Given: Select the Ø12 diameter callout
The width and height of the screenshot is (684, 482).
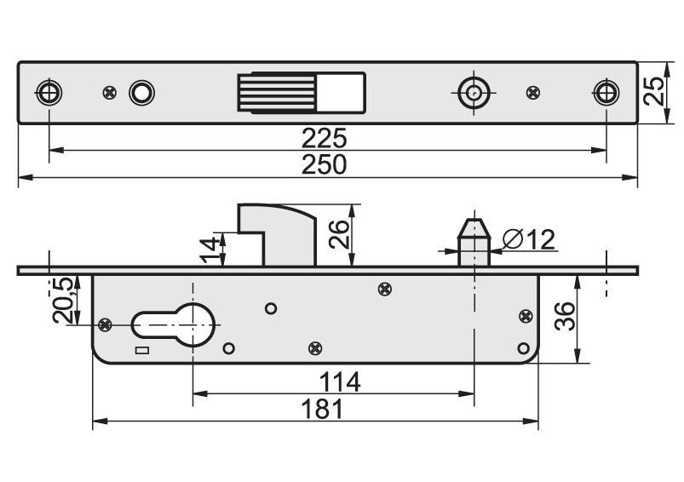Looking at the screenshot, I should [x=529, y=240].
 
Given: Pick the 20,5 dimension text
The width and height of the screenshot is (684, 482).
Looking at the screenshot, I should [x=65, y=301].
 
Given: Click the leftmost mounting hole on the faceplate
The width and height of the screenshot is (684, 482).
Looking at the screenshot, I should [x=49, y=91].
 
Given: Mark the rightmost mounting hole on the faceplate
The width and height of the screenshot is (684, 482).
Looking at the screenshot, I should [x=606, y=91].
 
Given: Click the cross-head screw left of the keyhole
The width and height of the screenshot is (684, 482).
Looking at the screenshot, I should [x=106, y=324].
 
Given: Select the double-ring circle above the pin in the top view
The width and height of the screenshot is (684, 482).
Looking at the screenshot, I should [x=472, y=92].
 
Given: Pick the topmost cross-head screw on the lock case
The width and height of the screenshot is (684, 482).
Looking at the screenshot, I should [x=385, y=290].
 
